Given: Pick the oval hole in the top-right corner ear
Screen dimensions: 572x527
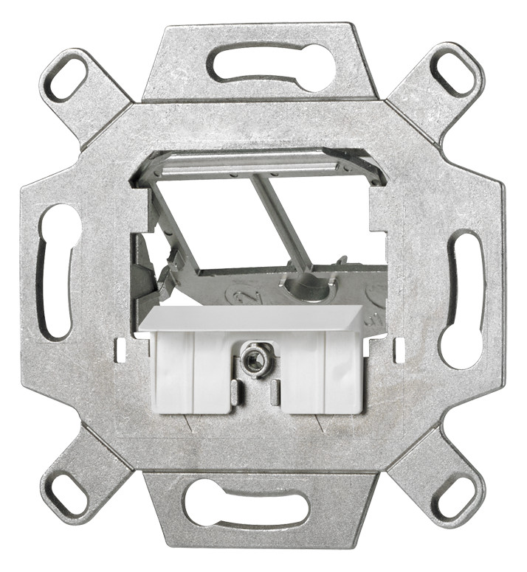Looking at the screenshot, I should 450,72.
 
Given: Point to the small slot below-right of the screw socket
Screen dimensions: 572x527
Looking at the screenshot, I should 275,389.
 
